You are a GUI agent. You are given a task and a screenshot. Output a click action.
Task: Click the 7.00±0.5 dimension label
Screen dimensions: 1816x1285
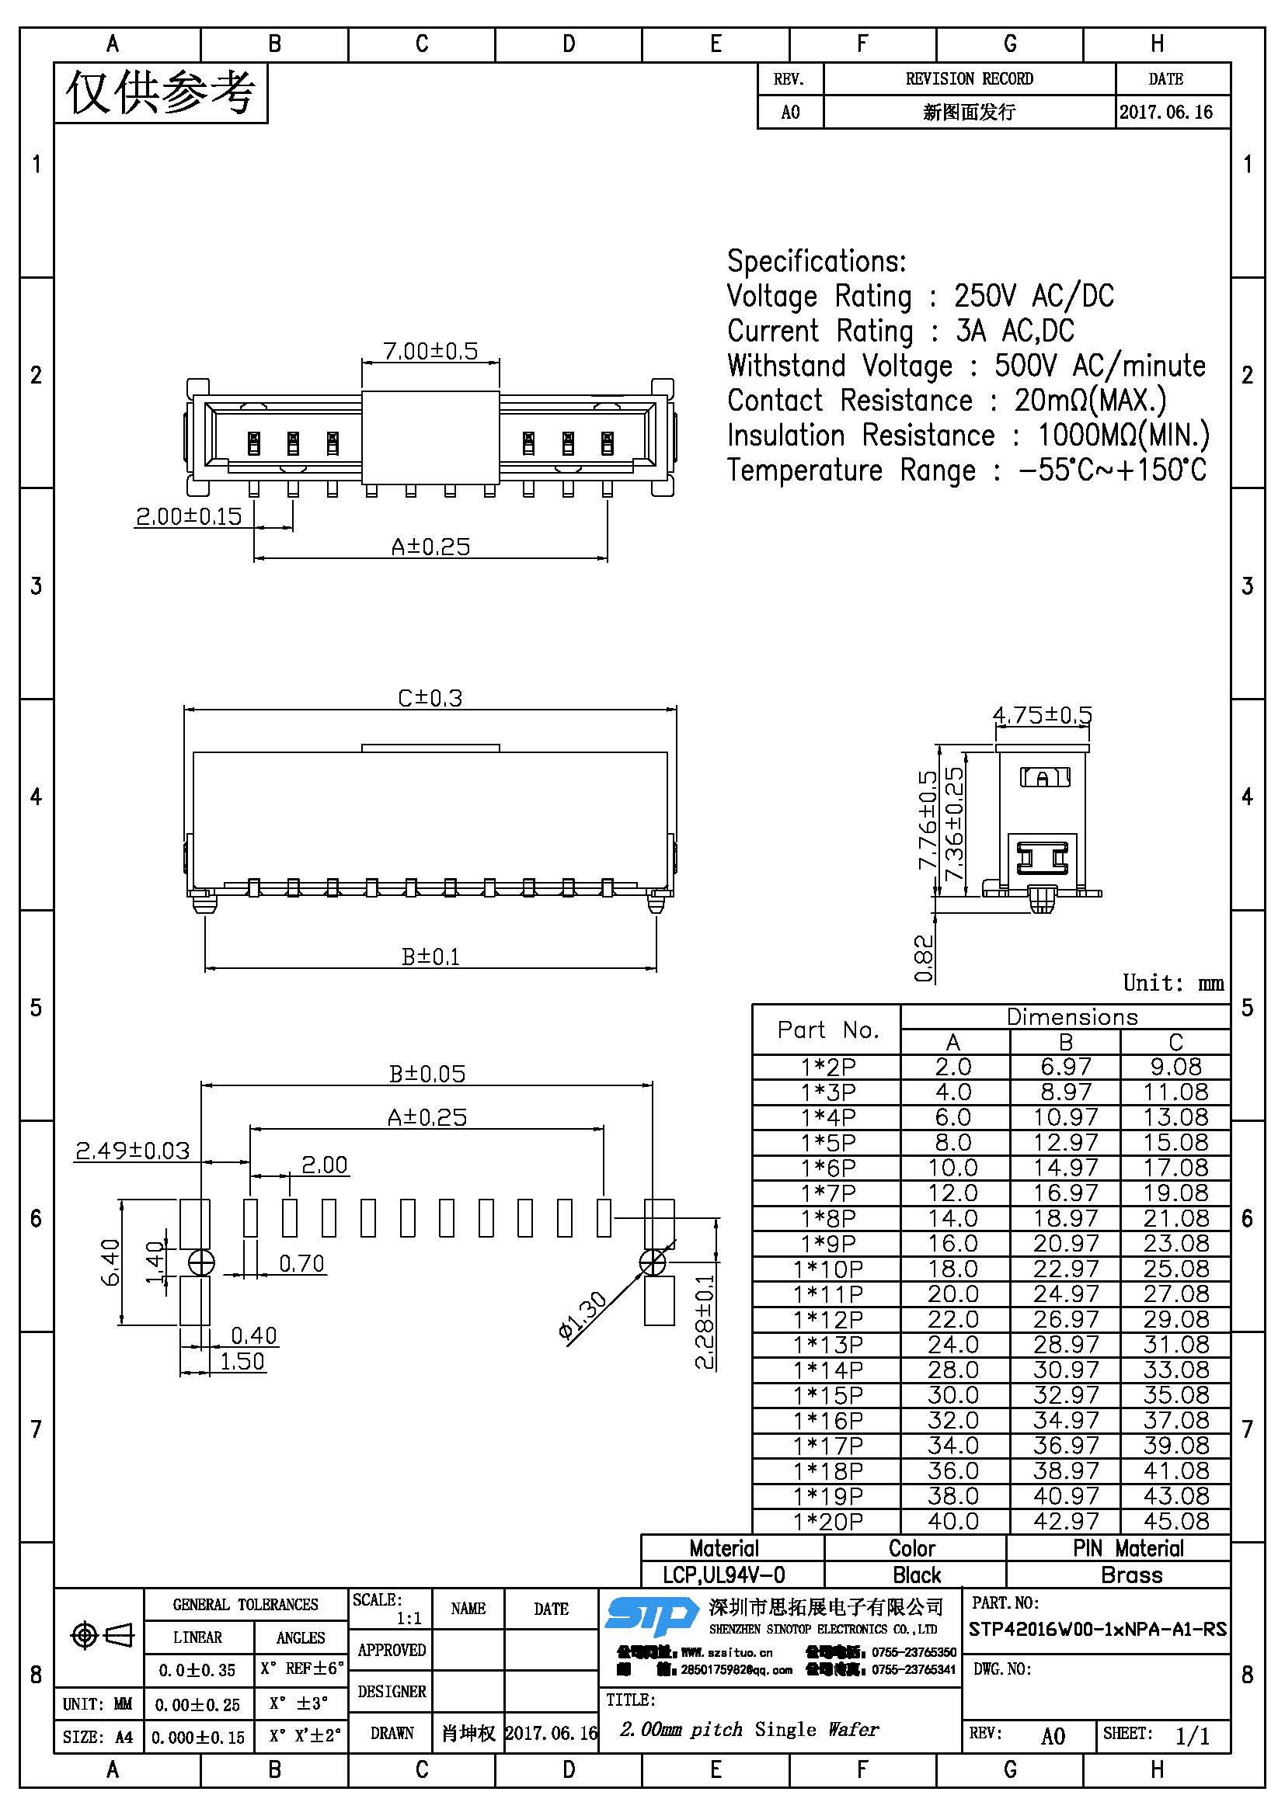pyautogui.click(x=430, y=351)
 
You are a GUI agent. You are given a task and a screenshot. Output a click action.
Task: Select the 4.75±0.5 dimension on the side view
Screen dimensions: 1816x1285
pyautogui.click(x=1042, y=715)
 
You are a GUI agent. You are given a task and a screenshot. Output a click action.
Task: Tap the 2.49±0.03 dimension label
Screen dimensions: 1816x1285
pyautogui.click(x=132, y=1150)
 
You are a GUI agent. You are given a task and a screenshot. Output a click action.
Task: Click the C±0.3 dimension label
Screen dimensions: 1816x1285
pyautogui.click(x=430, y=698)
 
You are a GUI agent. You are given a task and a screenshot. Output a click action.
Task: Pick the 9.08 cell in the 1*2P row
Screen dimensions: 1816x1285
pyautogui.click(x=1175, y=1067)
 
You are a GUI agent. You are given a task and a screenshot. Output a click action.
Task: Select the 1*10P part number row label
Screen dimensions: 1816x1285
pyautogui.click(x=827, y=1269)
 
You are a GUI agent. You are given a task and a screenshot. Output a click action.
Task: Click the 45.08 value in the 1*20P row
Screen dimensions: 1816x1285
pyautogui.click(x=1175, y=1521)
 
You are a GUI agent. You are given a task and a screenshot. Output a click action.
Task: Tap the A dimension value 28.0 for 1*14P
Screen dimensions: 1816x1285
pyautogui.click(x=953, y=1370)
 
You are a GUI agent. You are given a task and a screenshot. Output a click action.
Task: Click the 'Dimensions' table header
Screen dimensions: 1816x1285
pyautogui.click(x=1071, y=1017)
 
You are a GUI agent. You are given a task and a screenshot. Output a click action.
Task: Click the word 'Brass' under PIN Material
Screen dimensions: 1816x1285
pyautogui.click(x=1131, y=1575)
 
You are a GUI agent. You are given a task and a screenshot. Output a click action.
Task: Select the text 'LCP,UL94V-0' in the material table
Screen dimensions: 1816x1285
pyautogui.click(x=724, y=1575)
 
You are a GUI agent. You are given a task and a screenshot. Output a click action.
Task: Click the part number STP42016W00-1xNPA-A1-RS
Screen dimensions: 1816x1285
pyautogui.click(x=1098, y=1630)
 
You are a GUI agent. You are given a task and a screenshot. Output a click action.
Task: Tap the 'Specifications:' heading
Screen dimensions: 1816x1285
pyautogui.click(x=817, y=261)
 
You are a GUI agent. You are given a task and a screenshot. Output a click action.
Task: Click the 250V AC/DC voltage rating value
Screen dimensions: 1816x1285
pyautogui.click(x=1033, y=296)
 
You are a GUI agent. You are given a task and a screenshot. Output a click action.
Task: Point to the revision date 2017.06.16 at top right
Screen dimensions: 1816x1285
pyautogui.click(x=1165, y=113)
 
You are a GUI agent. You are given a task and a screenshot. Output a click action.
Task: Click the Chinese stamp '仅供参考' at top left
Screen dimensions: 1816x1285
pyautogui.click(x=161, y=93)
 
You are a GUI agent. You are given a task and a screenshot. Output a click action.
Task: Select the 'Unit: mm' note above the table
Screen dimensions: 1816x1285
pyautogui.click(x=1172, y=983)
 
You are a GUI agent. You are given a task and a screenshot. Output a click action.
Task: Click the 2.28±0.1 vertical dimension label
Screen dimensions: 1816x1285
pyautogui.click(x=704, y=1321)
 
